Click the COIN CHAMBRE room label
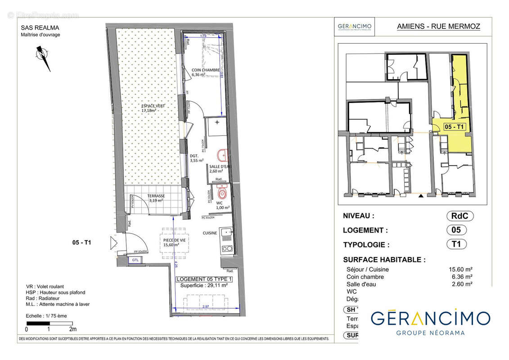pyautogui.click(x=206, y=70)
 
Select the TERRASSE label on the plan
pyautogui.click(x=156, y=197)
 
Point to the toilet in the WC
pyautogui.click(x=221, y=193)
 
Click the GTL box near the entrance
pyautogui.click(x=135, y=260)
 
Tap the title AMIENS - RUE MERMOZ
pyautogui.click(x=438, y=27)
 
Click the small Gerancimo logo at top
pyautogui.click(x=355, y=27)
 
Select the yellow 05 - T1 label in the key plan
pyautogui.click(x=454, y=127)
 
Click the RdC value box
pyautogui.click(x=459, y=216)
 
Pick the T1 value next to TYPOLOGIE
pyautogui.click(x=456, y=245)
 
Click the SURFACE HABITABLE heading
pyautogui.click(x=384, y=260)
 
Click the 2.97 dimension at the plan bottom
pyautogui.click(x=205, y=306)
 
